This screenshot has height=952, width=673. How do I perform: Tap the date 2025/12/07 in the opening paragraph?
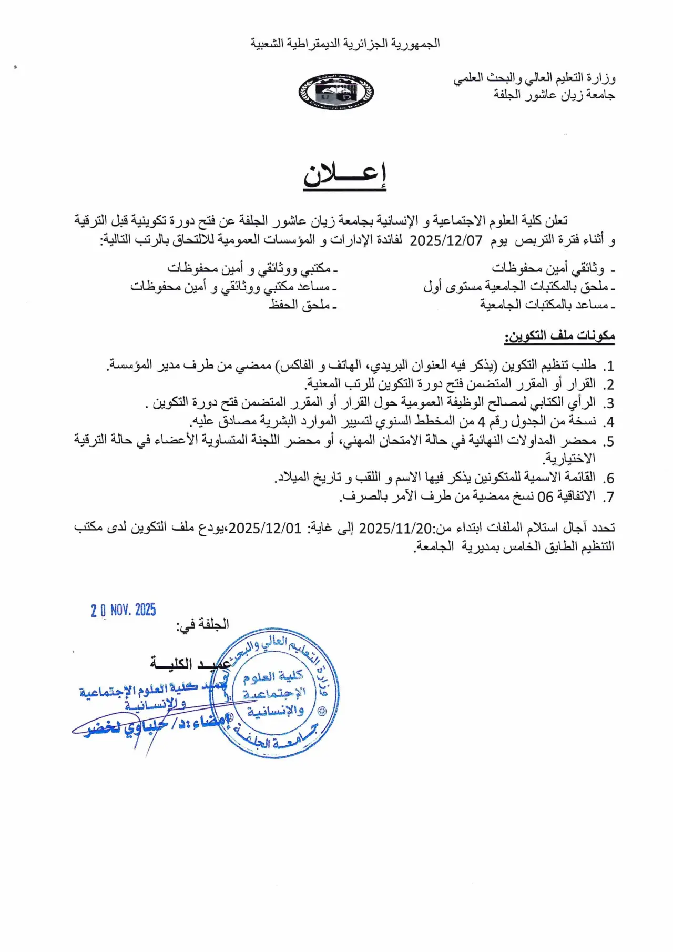tap(446, 240)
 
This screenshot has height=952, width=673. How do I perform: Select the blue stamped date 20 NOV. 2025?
tap(124, 610)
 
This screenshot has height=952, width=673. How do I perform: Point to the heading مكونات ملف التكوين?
tap(559, 336)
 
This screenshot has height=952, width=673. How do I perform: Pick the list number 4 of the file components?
tap(609, 422)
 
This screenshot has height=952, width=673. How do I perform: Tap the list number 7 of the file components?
tap(609, 497)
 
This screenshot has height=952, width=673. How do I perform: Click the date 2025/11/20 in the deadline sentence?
tap(395, 528)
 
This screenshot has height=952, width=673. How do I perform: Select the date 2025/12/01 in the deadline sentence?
tap(265, 528)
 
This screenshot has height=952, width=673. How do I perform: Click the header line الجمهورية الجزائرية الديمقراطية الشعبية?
tap(345, 44)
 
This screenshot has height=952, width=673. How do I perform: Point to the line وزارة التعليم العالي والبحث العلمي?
tap(534, 78)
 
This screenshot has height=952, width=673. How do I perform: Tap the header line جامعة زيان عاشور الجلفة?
tap(554, 95)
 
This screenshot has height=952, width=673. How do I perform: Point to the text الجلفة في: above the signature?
tap(203, 624)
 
